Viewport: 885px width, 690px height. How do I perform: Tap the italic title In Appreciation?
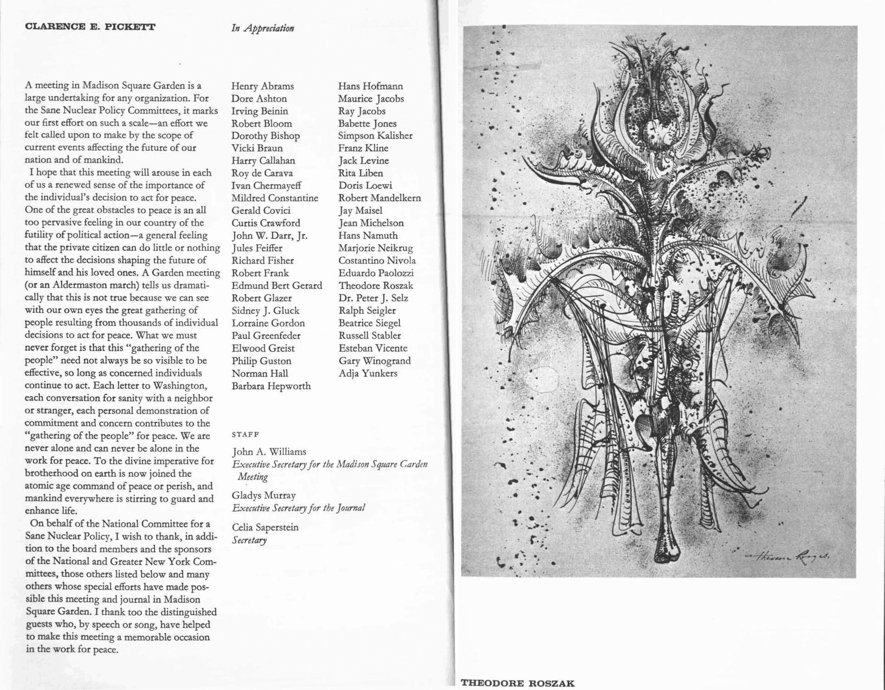click(262, 28)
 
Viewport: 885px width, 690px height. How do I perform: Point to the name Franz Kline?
click(363, 148)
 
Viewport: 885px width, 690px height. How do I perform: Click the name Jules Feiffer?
click(257, 248)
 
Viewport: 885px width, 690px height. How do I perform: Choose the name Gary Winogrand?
click(374, 361)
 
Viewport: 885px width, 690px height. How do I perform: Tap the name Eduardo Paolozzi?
click(376, 273)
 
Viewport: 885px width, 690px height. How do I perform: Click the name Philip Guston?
click(261, 361)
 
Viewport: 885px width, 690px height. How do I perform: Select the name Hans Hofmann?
click(370, 86)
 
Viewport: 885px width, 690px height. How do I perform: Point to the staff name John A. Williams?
click(269, 451)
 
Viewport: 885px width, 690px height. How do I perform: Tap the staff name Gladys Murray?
click(263, 495)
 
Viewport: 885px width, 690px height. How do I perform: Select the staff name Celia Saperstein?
click(265, 527)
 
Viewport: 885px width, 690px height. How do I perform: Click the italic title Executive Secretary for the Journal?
click(298, 508)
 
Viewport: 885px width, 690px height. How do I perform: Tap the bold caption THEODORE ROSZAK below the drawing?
click(518, 683)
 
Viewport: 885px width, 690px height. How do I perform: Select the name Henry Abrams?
click(262, 86)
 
